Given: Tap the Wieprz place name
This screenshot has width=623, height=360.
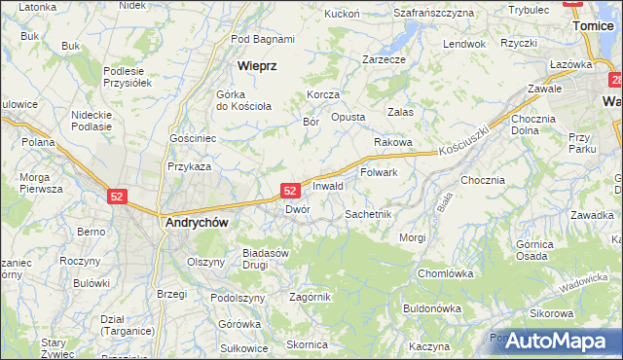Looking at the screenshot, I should (x=258, y=66).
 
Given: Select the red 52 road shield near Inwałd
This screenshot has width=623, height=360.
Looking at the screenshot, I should (x=290, y=191).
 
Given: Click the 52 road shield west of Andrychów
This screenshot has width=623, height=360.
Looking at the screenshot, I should (x=117, y=196).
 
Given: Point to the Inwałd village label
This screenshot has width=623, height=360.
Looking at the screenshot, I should (x=328, y=186).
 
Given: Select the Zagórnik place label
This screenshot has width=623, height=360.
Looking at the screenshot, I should (x=311, y=297).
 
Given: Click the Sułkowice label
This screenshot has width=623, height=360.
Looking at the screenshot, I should (x=244, y=347).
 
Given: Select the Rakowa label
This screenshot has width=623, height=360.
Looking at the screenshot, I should (x=394, y=142).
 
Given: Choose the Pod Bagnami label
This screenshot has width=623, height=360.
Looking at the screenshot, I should (x=263, y=39).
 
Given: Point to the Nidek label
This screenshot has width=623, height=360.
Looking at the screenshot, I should (x=131, y=5).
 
